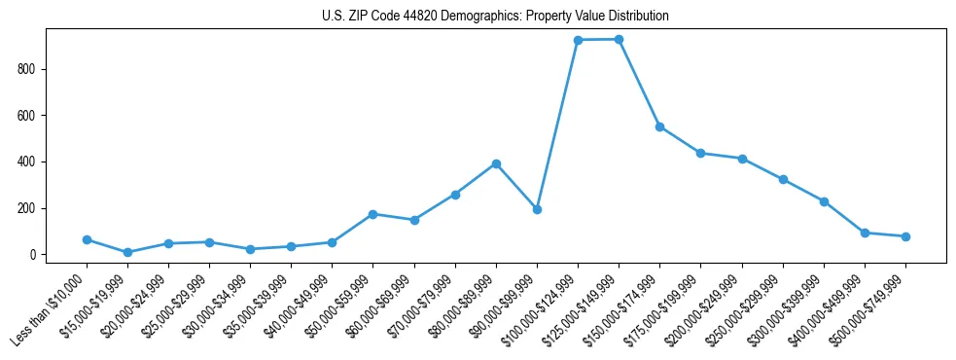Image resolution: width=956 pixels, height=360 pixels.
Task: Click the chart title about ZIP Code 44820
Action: [x=495, y=17]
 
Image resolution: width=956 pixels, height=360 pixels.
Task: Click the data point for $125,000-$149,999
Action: [x=619, y=39]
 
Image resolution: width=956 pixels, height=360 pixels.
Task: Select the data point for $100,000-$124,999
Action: [x=578, y=40]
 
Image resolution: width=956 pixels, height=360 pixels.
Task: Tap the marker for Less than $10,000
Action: [x=87, y=239]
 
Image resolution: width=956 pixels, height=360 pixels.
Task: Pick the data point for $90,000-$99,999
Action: [x=537, y=209]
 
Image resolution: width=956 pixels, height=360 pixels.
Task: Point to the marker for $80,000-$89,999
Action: [x=496, y=163]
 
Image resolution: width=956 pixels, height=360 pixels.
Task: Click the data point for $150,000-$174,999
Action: [x=659, y=126]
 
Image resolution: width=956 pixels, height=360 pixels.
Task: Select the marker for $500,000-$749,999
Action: [x=905, y=236]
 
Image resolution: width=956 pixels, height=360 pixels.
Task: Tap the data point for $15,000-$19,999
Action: [x=127, y=252]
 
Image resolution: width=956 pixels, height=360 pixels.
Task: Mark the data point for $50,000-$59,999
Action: [x=373, y=214]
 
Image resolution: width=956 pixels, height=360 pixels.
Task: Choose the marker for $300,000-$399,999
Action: [x=824, y=201]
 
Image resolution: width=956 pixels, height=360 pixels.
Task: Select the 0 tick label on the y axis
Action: [x=35, y=255]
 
